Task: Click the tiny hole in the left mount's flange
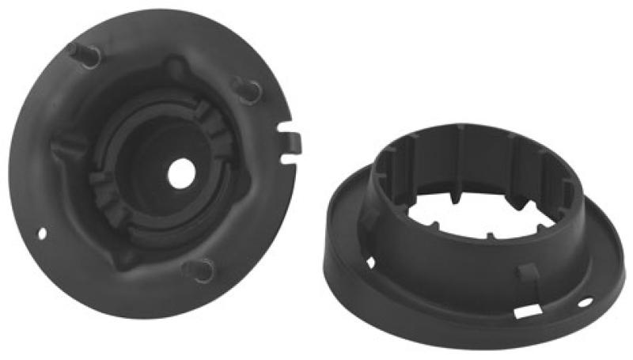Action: point(42,233)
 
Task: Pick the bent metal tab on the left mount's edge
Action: point(293,141)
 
